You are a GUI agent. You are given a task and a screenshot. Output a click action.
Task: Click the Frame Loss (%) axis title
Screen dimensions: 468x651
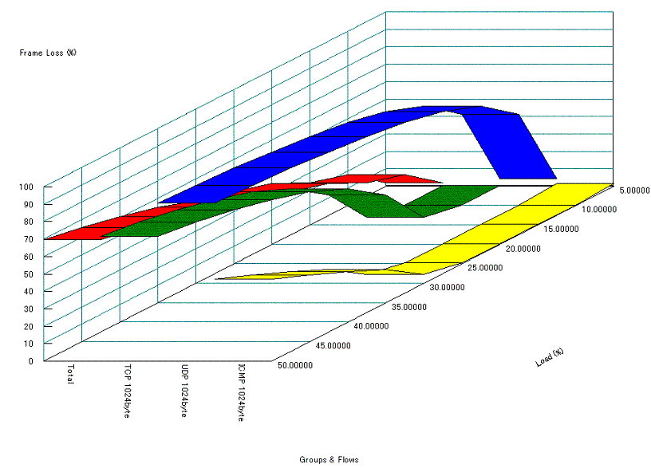(48, 53)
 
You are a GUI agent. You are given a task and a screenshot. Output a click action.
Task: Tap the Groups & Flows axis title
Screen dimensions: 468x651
(329, 460)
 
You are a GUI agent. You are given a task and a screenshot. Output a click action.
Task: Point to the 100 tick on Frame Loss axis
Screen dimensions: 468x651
(27, 187)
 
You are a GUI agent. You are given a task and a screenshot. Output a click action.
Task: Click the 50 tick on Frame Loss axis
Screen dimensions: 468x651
(29, 273)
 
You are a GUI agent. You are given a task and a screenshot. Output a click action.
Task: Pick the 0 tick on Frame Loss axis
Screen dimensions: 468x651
(31, 360)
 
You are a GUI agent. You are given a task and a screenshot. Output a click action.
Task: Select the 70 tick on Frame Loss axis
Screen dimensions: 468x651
(29, 239)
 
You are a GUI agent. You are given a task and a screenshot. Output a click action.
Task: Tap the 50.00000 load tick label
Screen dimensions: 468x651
(295, 366)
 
